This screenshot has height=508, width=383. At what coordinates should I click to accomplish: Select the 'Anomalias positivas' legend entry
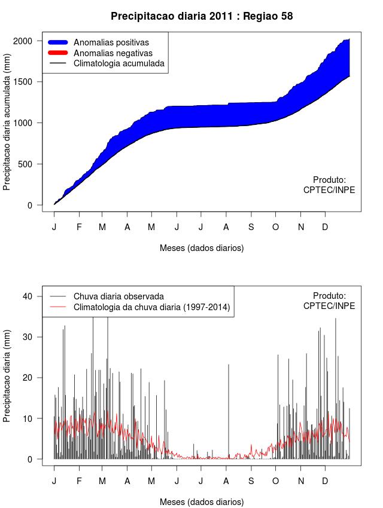point(111,42)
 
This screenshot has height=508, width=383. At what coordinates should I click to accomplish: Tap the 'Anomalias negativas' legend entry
point(113,53)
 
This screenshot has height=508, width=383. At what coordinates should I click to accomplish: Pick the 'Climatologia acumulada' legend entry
point(118,63)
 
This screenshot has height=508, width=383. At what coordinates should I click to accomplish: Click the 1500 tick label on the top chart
point(31,82)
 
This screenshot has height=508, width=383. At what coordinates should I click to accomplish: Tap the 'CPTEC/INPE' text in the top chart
point(329,190)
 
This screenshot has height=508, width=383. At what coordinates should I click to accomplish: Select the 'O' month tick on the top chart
point(275,227)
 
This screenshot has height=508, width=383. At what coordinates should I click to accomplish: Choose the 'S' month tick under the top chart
point(251,227)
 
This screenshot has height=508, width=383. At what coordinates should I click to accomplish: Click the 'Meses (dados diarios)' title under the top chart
point(202,247)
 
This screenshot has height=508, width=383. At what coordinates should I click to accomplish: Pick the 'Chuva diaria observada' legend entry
point(118,296)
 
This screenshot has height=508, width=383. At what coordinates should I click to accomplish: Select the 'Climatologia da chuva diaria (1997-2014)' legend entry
point(152,307)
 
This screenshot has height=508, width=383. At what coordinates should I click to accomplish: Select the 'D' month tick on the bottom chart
point(325,481)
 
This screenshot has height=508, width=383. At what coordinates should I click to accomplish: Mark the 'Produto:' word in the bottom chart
point(330,295)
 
